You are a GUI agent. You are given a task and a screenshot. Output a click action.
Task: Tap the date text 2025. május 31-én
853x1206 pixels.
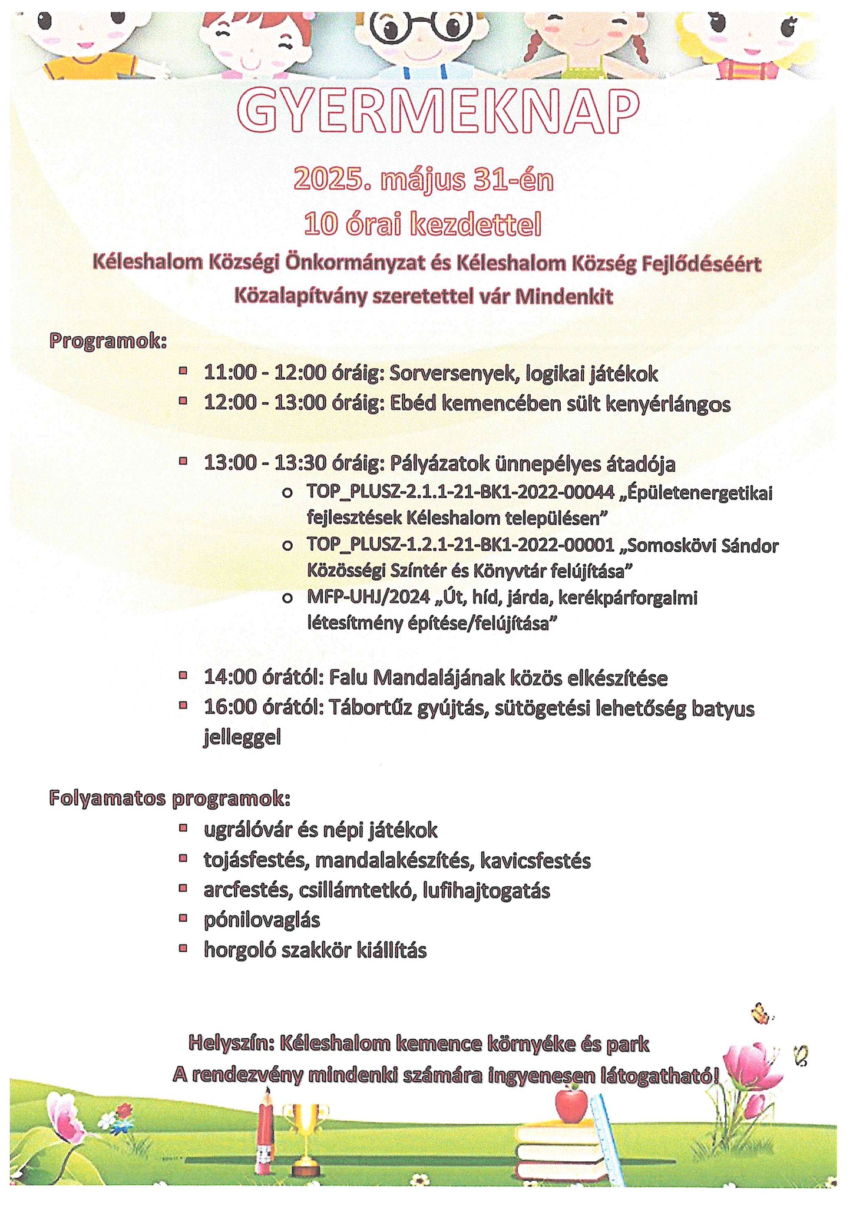[423, 180]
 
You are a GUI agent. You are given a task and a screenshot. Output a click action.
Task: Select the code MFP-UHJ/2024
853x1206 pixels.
[369, 598]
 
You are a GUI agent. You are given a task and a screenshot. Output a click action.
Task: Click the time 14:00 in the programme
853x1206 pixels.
[230, 678]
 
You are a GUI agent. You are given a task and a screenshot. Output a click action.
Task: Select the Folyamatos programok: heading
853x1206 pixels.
[170, 799]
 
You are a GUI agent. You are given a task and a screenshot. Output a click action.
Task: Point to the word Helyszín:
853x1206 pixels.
[232, 1043]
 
